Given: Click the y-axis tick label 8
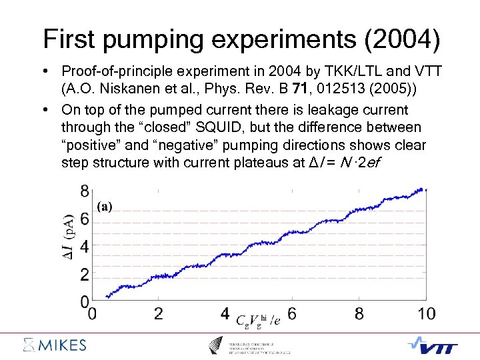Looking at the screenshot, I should tap(84, 191).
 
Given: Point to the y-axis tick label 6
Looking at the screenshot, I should tap(84, 219).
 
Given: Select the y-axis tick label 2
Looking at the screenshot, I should tap(84, 275).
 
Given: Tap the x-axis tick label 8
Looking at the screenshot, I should tap(359, 313).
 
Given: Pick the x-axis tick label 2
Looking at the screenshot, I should tap(158, 313).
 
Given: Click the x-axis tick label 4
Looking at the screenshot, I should tap(225, 313).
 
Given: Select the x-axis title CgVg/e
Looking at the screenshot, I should tap(259, 319).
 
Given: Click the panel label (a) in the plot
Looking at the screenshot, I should tap(105, 207).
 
